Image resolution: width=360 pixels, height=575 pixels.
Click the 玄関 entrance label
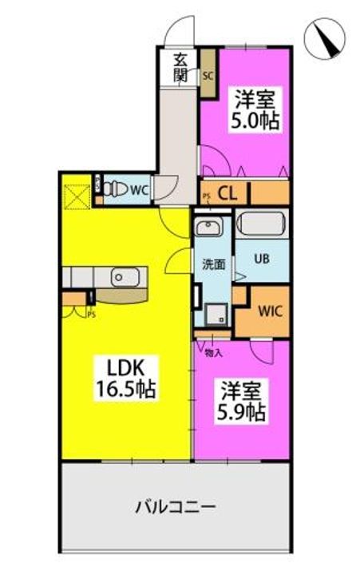coord(180,68)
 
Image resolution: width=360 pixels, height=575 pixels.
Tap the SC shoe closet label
coord(208,77)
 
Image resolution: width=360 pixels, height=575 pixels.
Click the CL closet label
coord(227,193)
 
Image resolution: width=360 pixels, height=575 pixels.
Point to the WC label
coord(139,191)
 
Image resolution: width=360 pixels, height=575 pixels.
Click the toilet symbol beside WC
coord(114,190)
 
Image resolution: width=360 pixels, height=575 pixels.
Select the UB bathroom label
coord(262,258)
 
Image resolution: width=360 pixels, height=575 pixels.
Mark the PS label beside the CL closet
coord(207,195)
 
